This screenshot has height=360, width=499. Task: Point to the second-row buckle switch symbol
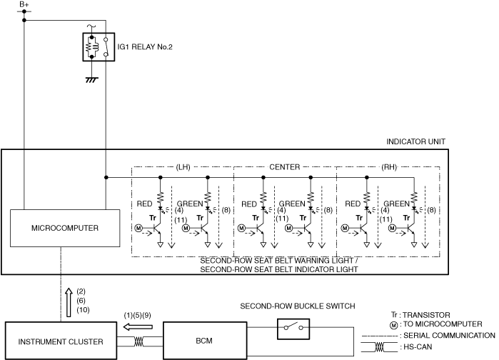click(293, 329)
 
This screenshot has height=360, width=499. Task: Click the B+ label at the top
click(24, 5)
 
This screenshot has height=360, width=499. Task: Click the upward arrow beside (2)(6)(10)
click(69, 299)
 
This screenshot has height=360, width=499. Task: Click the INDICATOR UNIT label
click(416, 141)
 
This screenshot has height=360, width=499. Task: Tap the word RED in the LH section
click(145, 204)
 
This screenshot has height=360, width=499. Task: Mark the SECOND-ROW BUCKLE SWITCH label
click(298, 306)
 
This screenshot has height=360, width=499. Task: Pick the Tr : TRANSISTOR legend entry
click(425, 314)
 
